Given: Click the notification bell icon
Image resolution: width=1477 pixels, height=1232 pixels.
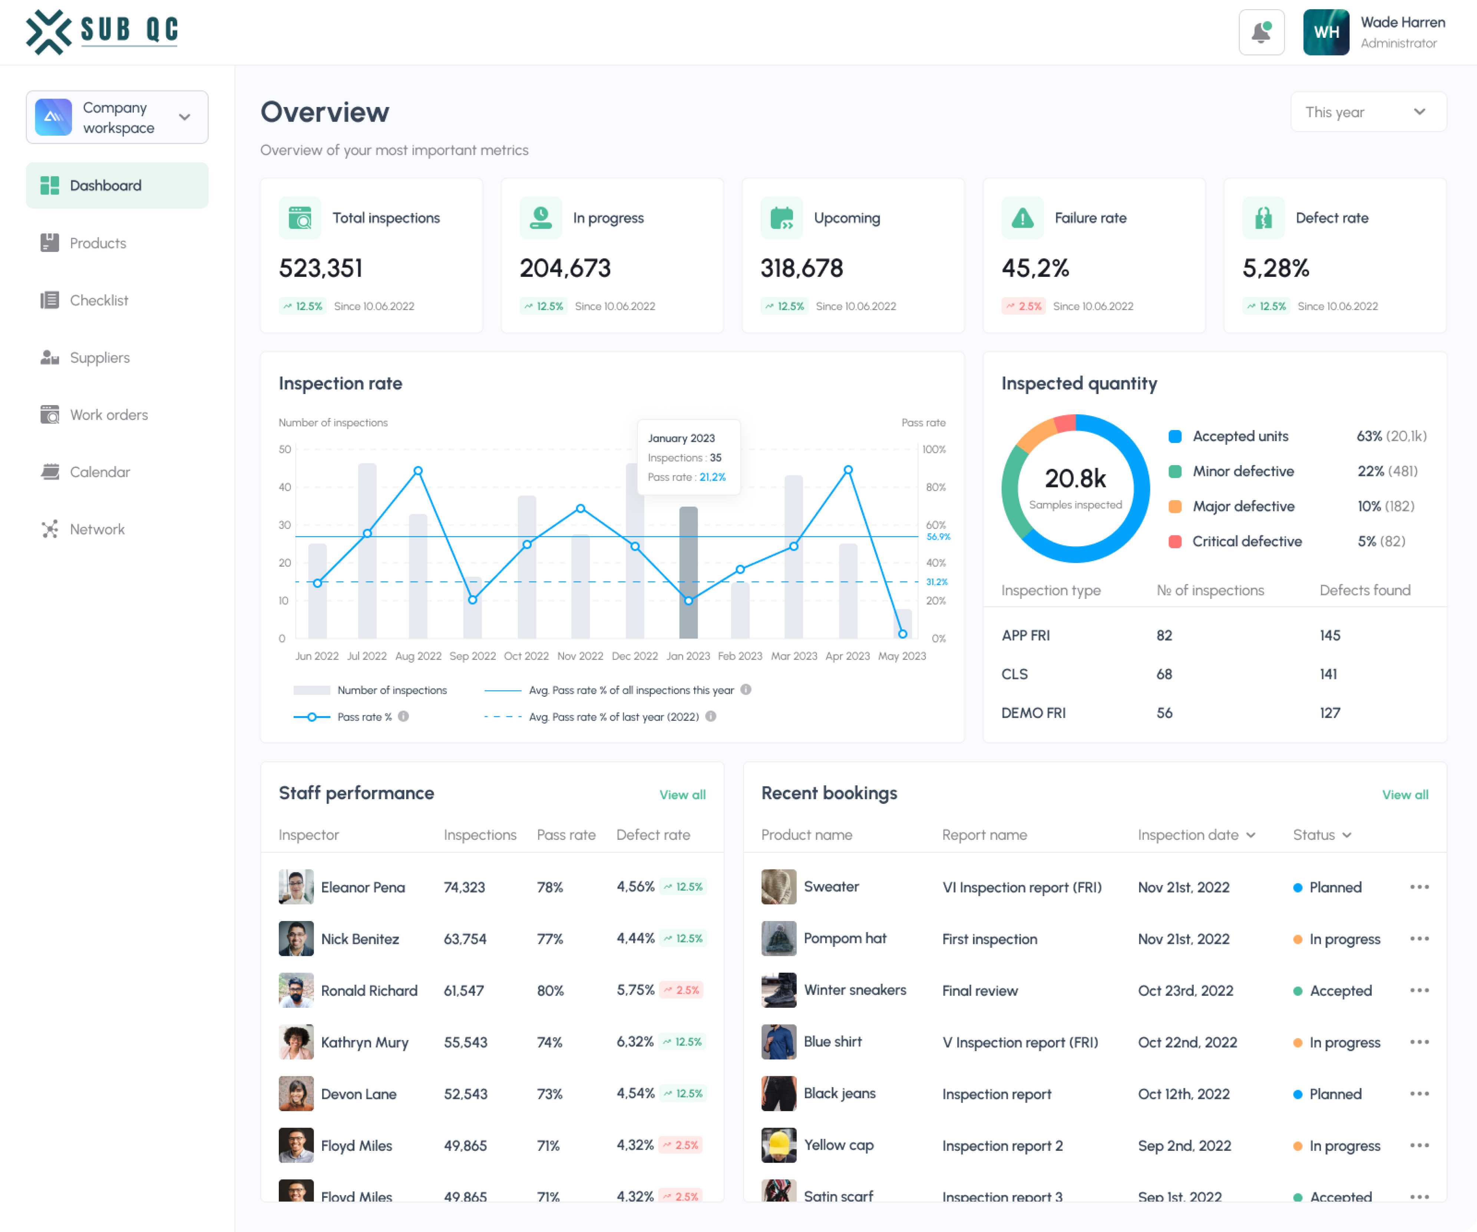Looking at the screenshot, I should pos(1261,32).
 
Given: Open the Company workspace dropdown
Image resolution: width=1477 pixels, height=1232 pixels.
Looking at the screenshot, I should pos(117,117).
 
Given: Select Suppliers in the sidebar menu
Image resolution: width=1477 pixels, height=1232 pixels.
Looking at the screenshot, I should pos(99,358).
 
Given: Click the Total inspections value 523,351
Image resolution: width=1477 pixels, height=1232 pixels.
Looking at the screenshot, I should pos(321,268).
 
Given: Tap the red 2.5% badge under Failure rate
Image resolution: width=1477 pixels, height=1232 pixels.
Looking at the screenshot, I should pos(1023,306).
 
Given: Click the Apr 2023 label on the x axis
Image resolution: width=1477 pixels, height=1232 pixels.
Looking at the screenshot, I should pos(847,656).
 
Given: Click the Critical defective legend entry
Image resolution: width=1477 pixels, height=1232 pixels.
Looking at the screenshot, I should pos(1246,542).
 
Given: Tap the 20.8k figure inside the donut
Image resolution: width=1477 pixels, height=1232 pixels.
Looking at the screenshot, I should pos(1075,479).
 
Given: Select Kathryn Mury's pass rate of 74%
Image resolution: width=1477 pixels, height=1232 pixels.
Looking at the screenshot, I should pos(549,1042).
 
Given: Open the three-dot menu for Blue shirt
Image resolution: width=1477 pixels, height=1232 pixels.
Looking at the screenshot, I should pos(1419,1042).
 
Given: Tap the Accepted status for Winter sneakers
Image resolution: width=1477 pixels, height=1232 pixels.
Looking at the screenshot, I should pos(1340,991).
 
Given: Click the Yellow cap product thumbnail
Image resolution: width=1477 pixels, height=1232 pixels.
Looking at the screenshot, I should pos(779,1146).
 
